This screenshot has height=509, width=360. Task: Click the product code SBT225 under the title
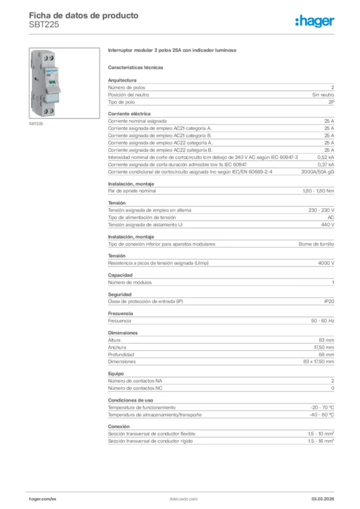point(44,24)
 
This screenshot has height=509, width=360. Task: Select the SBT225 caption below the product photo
point(36,123)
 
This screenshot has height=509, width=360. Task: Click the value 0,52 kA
point(326,157)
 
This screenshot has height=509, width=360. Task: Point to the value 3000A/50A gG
point(318,171)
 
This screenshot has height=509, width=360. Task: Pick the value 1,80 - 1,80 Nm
point(318,191)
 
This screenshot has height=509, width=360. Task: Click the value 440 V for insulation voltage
point(328,225)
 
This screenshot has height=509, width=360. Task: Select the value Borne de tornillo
point(316,244)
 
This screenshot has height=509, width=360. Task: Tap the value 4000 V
point(326,263)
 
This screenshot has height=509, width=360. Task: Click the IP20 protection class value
point(329,302)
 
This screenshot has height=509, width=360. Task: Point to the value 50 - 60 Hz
point(323,321)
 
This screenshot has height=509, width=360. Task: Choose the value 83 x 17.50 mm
point(318,361)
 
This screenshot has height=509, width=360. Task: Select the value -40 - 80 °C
point(322,415)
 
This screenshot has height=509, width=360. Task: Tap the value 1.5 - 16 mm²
point(321,441)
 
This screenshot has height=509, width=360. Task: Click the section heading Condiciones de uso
point(130,400)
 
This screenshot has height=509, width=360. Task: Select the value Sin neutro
point(323,94)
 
